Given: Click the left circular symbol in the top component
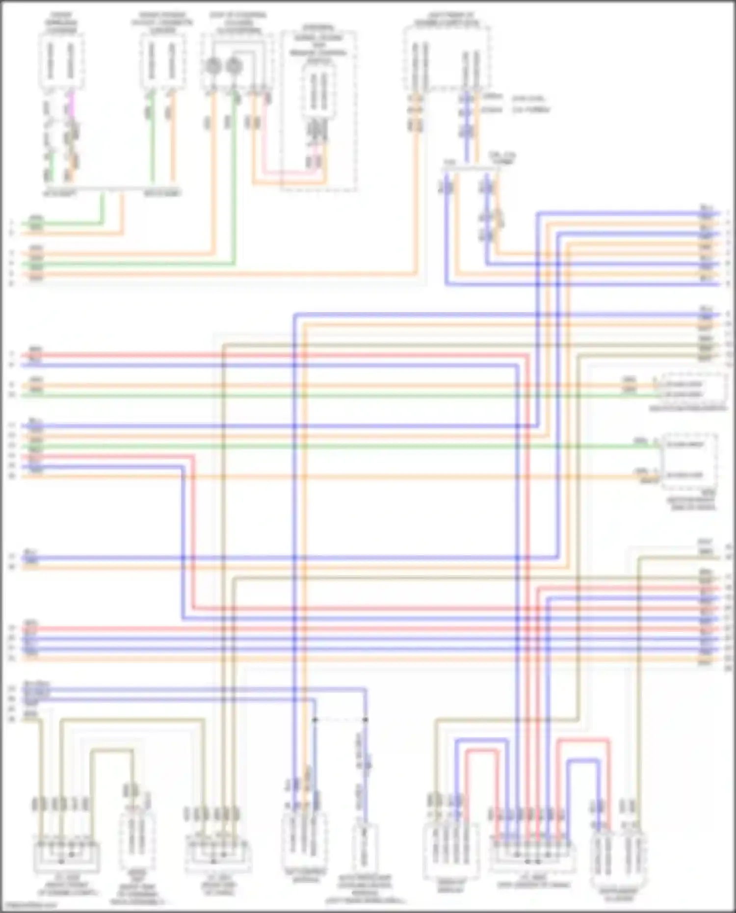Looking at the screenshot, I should [212, 65].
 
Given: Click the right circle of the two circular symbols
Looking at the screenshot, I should [234, 65].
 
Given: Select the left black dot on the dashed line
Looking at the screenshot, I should [315, 720].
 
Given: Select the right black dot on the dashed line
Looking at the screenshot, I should [366, 720].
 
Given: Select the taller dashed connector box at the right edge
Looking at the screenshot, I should [689, 461].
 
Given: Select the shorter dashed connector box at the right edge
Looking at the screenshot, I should [693, 389].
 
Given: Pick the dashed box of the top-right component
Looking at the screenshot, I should [447, 59].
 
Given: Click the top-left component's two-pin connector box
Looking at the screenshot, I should [61, 61].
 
